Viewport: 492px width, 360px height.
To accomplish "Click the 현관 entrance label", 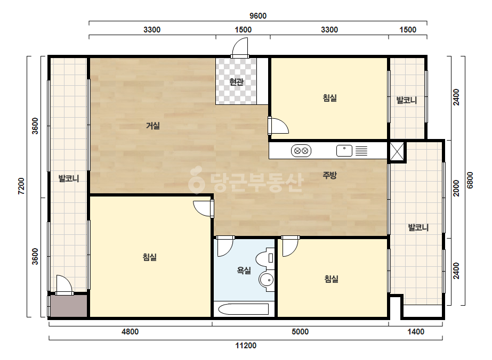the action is coord(236,82).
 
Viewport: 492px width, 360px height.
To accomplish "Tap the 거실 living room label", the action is coord(153,126).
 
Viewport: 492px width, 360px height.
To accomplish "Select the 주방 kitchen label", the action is coord(329,175).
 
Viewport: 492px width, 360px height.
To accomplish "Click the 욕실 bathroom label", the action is coord(244,270).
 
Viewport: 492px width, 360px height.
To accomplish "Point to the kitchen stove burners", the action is coord(301,151).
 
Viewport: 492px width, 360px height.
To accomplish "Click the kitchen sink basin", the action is coord(344,151).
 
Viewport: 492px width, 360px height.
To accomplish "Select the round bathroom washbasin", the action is coord(267,279).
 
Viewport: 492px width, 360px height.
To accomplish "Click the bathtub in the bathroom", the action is coord(244,309).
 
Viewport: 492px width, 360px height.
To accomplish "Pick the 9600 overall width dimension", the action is coord(258,15).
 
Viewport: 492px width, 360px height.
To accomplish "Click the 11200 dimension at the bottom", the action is coord(246,346).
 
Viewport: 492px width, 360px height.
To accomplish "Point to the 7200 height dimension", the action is coord(21,186).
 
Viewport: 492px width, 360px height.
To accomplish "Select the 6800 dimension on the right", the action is coord(470,180).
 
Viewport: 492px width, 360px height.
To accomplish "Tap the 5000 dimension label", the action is coord(300,331).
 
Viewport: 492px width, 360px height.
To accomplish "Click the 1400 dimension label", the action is coord(416,331).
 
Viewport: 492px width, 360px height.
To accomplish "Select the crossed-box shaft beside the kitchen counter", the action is coord(397,151).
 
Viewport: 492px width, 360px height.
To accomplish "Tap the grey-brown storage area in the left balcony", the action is coord(69,306).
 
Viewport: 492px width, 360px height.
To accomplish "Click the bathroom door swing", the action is coord(225,247).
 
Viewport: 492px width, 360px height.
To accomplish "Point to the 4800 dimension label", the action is coord(130,331).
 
